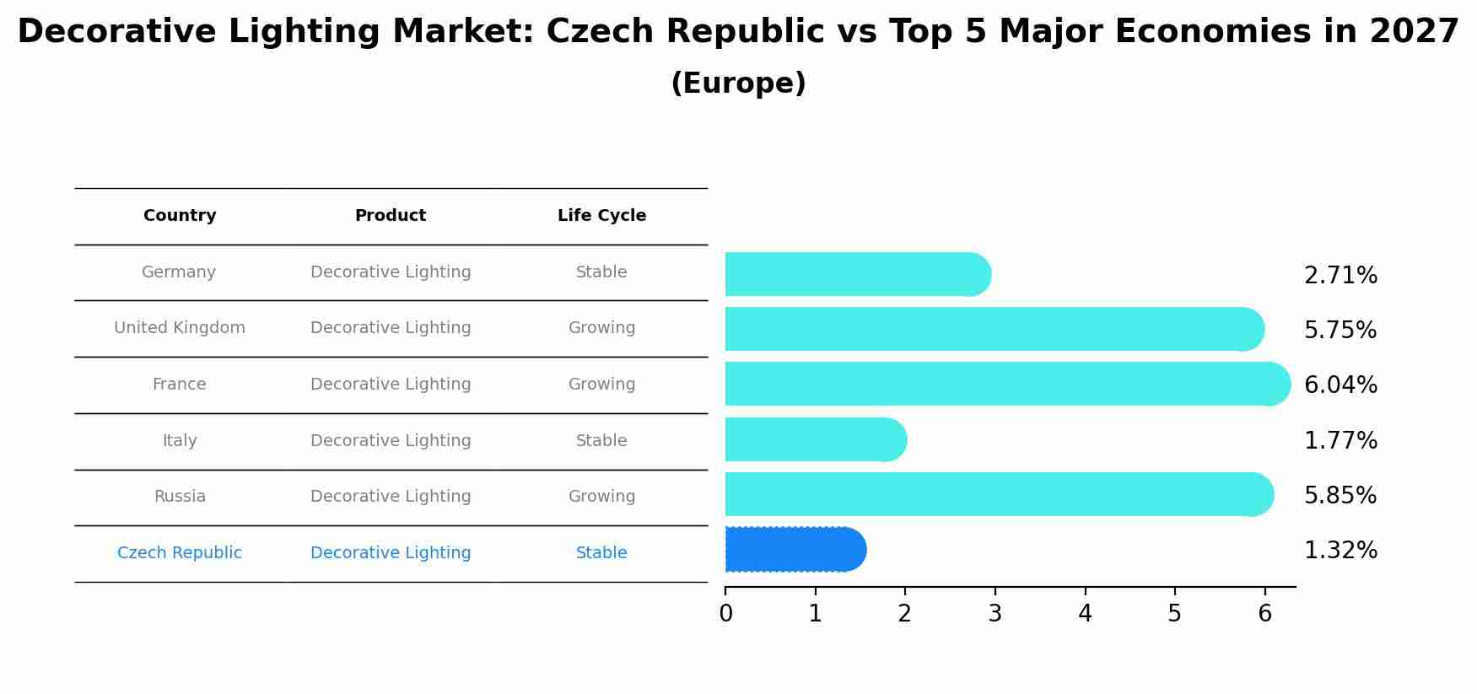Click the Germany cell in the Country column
tap(179, 272)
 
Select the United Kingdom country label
tap(180, 328)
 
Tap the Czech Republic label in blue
tap(180, 553)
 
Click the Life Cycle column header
tap(601, 216)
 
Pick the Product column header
tap(391, 216)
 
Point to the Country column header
tap(180, 216)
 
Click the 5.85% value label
tap(1340, 496)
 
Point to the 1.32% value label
tap(1340, 551)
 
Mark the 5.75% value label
tap(1340, 331)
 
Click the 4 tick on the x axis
tap(1085, 614)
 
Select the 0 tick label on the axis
tap(725, 614)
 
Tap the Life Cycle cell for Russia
tap(601, 497)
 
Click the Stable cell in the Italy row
tap(601, 441)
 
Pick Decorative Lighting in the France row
tap(391, 385)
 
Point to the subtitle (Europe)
tap(738, 83)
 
